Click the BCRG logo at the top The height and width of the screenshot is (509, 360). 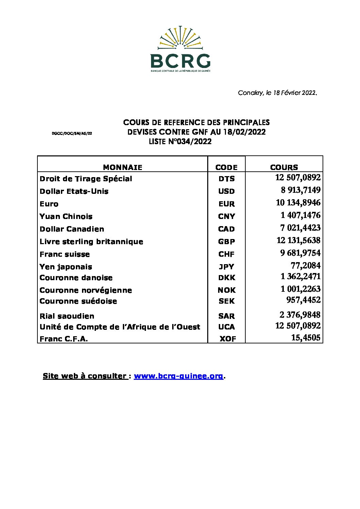click(180, 49)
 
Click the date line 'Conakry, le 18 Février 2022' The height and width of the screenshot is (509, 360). click(277, 93)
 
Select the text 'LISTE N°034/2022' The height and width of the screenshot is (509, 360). click(180, 142)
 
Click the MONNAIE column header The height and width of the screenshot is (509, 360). click(122, 167)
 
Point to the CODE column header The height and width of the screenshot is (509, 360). click(226, 167)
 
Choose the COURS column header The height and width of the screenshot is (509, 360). click(284, 167)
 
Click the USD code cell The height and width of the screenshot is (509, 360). click(226, 191)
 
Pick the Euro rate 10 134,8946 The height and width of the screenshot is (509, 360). click(298, 203)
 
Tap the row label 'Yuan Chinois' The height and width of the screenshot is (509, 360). click(66, 217)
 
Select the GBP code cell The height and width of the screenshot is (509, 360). click(226, 242)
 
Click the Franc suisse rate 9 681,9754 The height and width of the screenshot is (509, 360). click(300, 253)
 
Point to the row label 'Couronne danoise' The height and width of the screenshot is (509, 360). click(76, 278)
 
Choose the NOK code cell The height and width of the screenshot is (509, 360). click(227, 290)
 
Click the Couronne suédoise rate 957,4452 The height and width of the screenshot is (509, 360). click(303, 300)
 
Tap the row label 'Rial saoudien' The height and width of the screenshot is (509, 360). click(67, 316)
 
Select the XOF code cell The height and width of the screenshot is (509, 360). click(228, 339)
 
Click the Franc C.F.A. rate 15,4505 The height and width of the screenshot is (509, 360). click(306, 338)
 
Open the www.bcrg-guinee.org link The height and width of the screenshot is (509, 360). click(179, 376)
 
